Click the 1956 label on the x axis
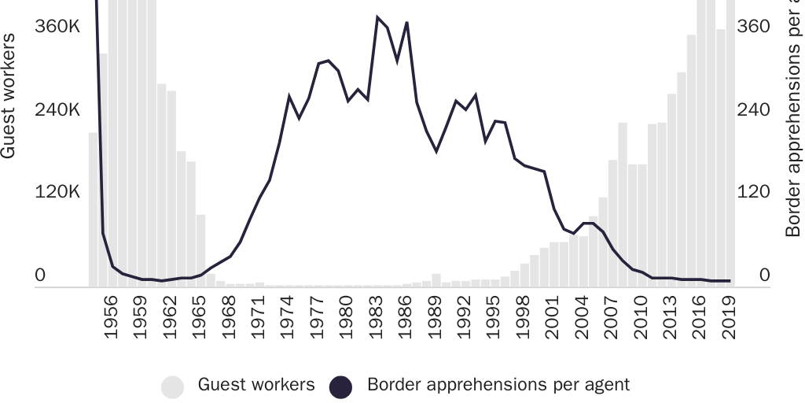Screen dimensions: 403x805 (112, 316)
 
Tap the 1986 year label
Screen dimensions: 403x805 (406, 316)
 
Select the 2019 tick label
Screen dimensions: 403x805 (730, 316)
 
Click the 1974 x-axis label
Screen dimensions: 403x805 (289, 316)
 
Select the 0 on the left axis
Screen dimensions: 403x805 (40, 275)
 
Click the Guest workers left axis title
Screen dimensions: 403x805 (9, 96)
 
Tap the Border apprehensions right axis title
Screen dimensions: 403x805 (794, 118)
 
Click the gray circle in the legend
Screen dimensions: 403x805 (172, 386)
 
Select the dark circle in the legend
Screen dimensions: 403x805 (340, 386)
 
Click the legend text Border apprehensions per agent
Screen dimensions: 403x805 (498, 386)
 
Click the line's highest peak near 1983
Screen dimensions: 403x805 (377, 17)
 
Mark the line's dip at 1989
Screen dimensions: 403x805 (436, 150)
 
